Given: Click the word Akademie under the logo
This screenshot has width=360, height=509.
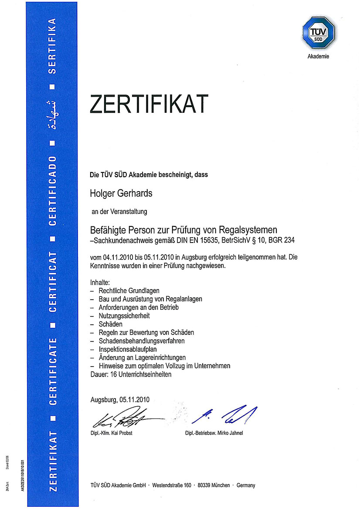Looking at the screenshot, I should (319, 57).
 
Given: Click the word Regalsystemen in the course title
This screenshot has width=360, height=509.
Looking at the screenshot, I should (251, 229).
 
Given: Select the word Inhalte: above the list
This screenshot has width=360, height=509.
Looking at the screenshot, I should (100, 282).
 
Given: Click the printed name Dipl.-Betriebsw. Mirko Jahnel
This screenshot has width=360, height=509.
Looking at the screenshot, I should (214, 433).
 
